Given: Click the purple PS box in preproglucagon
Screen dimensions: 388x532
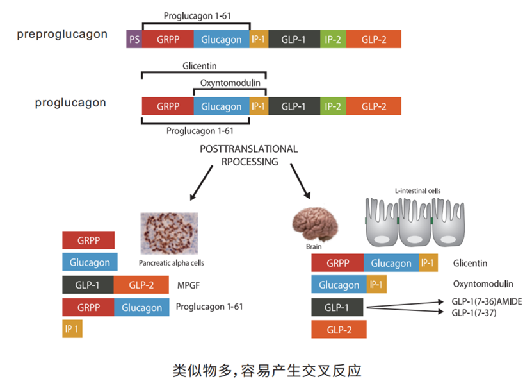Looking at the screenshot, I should [x=134, y=40].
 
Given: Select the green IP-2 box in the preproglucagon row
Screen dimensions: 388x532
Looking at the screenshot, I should [x=333, y=40].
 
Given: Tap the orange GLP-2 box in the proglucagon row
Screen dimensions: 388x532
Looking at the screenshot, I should [x=374, y=106].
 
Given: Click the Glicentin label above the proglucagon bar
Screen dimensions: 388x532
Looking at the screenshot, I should [x=198, y=65].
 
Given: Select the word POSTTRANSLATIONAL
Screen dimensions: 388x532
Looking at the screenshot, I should [x=249, y=149].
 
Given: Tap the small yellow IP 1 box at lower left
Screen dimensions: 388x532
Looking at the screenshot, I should [x=72, y=328].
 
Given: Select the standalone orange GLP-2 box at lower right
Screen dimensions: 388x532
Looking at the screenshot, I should [x=339, y=329].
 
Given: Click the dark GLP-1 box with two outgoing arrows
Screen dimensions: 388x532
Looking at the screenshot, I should [x=337, y=307].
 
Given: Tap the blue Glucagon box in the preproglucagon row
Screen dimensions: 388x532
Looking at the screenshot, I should [x=222, y=40].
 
